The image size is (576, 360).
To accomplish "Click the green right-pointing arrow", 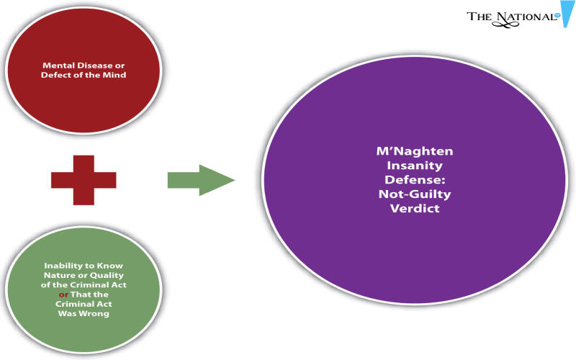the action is tap(202, 180).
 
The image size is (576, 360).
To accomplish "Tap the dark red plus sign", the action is tap(84, 180).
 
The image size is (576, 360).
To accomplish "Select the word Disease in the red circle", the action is tap(89, 66).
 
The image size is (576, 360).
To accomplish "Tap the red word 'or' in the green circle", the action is tap(63, 294).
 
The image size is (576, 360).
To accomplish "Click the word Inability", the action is tap(61, 266).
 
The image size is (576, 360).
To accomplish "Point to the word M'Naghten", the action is tap(415, 151).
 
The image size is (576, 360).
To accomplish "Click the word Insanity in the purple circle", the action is tap(415, 166).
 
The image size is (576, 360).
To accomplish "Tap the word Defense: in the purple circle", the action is tap(415, 179).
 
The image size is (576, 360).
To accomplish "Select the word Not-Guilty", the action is tap(415, 194).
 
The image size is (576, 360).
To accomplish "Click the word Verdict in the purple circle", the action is tap(415, 208).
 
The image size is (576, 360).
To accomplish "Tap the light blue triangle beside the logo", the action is tap(567, 14).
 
